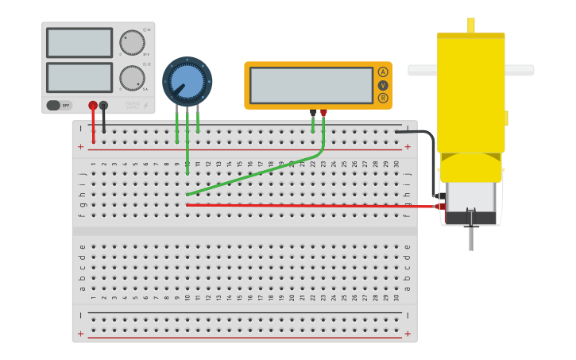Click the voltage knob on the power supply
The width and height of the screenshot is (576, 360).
pyautogui.click(x=131, y=43)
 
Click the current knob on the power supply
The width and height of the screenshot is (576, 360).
pyautogui.click(x=131, y=77)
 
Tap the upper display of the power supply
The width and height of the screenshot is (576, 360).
pyautogui.click(x=79, y=43)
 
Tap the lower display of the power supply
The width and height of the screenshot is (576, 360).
pyautogui.click(x=79, y=77)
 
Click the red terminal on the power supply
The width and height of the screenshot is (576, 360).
pyautogui.click(x=93, y=105)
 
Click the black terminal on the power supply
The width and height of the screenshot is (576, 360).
pyautogui.click(x=103, y=105)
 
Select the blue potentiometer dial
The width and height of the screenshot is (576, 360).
pyautogui.click(x=187, y=81)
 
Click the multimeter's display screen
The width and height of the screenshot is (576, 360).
pyautogui.click(x=311, y=85)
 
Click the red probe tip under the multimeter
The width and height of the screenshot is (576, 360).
pyautogui.click(x=323, y=113)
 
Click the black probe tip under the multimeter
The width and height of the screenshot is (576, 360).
pyautogui.click(x=313, y=113)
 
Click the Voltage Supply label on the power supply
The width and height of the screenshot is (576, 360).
pyautogui.click(x=132, y=104)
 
